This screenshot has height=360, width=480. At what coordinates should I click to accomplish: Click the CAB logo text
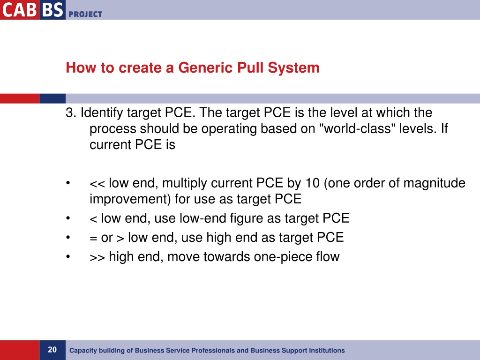coord(19,9)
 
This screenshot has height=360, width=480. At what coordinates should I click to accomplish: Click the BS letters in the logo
coord(52,9)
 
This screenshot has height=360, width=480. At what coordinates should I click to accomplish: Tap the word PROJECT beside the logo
coord(85,14)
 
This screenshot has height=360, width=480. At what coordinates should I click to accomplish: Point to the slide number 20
coord(52,350)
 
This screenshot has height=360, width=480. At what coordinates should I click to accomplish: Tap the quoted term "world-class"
coord(357,129)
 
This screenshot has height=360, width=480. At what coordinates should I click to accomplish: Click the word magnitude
coord(434,183)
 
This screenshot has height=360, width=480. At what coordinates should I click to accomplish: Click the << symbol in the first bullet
coord(97,183)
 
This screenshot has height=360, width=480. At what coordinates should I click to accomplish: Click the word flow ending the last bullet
coord(327,257)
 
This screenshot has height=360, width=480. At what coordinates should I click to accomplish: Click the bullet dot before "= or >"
coord(68,238)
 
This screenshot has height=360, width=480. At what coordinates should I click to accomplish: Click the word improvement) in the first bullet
coord(130,199)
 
